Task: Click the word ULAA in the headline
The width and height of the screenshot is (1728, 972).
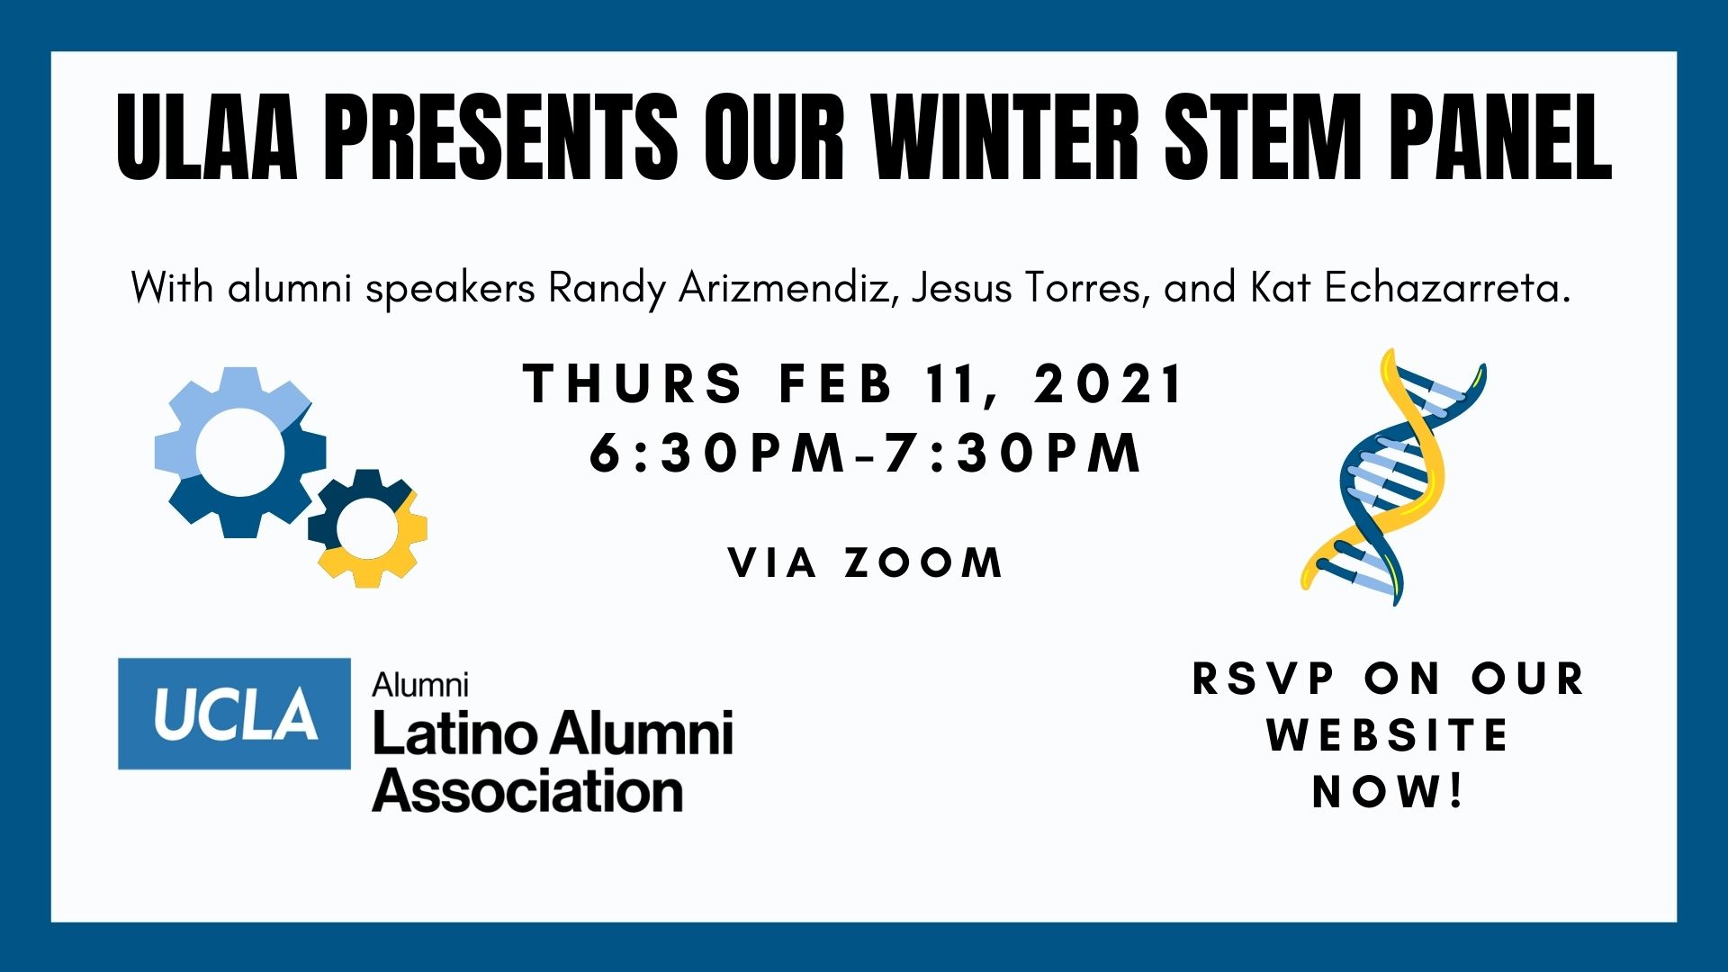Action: click(x=208, y=137)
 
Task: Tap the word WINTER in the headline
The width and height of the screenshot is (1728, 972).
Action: click(x=1005, y=137)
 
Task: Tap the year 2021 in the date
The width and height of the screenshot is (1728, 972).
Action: click(x=1108, y=383)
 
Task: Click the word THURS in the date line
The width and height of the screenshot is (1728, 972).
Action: click(x=633, y=383)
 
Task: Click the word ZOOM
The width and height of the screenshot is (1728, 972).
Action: click(x=923, y=563)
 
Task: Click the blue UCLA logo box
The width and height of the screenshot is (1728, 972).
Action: click(x=234, y=714)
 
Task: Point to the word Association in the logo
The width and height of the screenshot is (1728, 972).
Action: click(x=527, y=791)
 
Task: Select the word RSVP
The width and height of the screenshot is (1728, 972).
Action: click(x=1264, y=679)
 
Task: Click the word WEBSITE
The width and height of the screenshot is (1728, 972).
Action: click(x=1387, y=735)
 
